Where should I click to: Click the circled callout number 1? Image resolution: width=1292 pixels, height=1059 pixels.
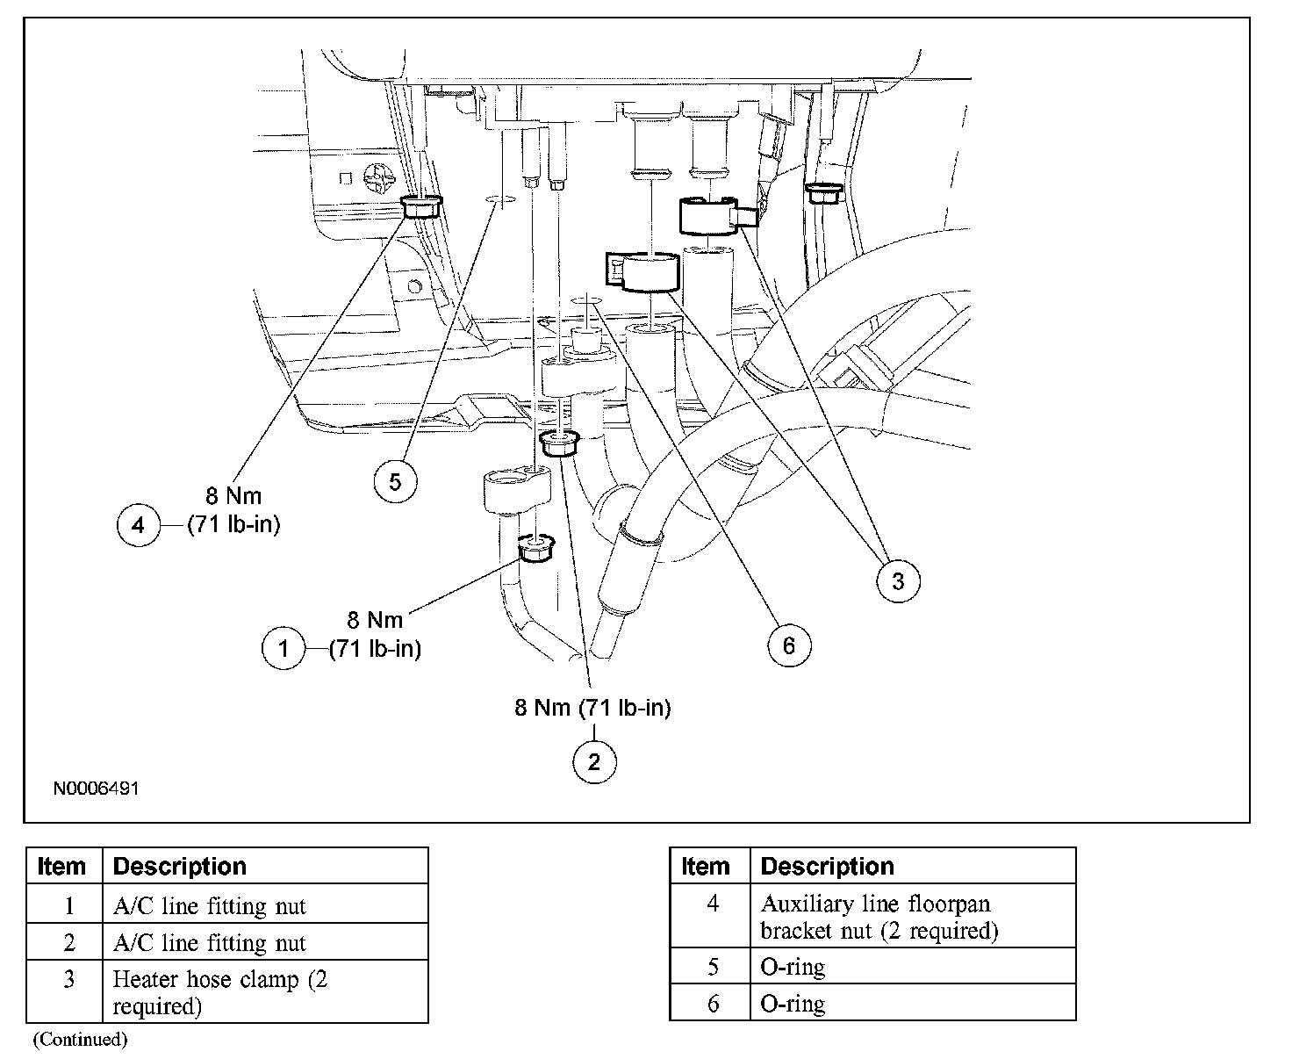coord(284,649)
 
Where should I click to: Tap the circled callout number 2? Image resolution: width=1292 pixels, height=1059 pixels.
coord(594,761)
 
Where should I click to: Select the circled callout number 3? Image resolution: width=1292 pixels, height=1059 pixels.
coord(898,580)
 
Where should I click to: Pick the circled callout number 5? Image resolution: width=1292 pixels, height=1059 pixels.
coord(395,481)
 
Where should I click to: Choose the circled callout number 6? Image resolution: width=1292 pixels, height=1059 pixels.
coord(788,645)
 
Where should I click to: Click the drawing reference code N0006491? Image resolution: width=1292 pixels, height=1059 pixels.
coord(97,789)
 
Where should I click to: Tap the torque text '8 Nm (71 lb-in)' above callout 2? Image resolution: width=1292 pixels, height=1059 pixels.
coord(592,708)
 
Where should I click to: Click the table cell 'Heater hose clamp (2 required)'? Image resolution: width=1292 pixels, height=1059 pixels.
coord(219,992)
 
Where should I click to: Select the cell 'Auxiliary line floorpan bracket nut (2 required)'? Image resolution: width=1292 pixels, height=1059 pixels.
coord(879,917)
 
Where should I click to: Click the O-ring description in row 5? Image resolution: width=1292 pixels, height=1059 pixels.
coord(793,967)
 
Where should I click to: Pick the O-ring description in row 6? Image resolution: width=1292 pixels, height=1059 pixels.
coord(793,1003)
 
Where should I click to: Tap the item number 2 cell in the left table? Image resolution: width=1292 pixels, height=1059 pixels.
coord(68,943)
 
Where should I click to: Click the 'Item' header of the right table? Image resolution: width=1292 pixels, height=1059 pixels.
coord(706,867)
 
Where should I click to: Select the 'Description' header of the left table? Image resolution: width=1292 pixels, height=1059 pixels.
coord(180,867)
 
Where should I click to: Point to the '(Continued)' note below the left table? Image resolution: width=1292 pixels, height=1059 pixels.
coord(81,1040)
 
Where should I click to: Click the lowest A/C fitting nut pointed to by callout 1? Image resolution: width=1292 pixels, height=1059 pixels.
coord(534,548)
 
